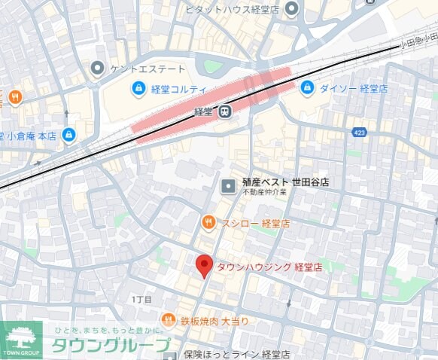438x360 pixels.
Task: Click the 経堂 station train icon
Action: tap(224, 112)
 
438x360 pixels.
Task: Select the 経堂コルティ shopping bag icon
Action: tap(138, 90)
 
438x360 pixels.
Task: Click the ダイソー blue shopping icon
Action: tap(307, 89)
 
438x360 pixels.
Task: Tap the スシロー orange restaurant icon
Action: tap(208, 223)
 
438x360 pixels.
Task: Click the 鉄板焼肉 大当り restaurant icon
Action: tap(169, 321)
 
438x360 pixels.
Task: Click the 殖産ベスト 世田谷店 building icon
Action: tap(228, 185)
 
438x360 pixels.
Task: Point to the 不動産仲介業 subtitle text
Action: tap(264, 193)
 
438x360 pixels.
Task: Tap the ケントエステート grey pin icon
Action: tap(97, 69)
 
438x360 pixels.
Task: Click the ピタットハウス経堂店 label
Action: tap(233, 9)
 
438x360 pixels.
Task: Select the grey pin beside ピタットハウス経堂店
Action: tap(291, 9)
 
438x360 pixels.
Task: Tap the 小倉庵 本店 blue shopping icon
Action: tap(69, 136)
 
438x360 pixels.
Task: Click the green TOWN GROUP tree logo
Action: tap(21, 340)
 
